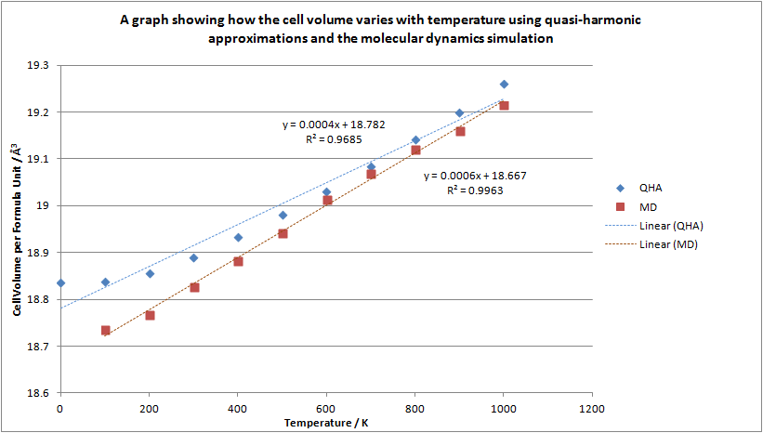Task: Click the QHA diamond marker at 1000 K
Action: tap(504, 85)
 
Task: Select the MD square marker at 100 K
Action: tap(105, 330)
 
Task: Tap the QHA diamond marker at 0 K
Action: tap(60, 282)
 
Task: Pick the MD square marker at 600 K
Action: tap(327, 200)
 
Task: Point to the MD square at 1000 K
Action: tap(504, 105)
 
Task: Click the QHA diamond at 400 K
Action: tap(238, 237)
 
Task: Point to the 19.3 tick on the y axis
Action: tap(39, 66)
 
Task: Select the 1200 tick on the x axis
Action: tap(591, 408)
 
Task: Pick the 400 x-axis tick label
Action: tap(238, 408)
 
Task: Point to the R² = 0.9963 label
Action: tap(476, 189)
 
